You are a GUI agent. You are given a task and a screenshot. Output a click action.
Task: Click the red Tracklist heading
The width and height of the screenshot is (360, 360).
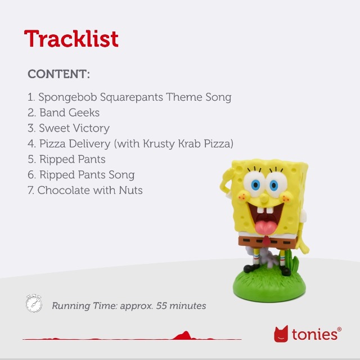click(x=71, y=39)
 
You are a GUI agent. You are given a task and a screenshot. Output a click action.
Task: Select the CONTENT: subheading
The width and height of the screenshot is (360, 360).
click(x=58, y=74)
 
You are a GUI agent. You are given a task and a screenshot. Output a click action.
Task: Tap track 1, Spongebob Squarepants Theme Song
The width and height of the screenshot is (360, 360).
click(x=129, y=97)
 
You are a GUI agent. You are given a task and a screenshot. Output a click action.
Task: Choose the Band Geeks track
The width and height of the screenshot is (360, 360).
click(x=64, y=112)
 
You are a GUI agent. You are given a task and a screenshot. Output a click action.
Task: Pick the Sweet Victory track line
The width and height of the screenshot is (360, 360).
click(x=69, y=128)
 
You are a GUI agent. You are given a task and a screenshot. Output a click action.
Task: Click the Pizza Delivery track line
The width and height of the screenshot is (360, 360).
click(x=130, y=144)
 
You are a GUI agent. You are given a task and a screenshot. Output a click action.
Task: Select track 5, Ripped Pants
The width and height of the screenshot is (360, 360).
click(x=66, y=159)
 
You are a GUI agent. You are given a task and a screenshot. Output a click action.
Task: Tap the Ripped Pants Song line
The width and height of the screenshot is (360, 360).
click(x=81, y=175)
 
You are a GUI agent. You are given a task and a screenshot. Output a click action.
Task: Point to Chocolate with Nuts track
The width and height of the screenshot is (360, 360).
click(x=85, y=190)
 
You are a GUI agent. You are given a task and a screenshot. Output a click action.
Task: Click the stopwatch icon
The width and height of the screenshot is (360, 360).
click(x=34, y=303)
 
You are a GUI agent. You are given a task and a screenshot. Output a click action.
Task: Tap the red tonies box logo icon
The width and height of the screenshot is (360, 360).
click(x=281, y=334)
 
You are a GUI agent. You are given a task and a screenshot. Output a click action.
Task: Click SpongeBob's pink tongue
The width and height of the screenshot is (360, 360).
click(x=265, y=228)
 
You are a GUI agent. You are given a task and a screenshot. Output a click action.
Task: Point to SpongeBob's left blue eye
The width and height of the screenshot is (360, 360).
click(x=255, y=185)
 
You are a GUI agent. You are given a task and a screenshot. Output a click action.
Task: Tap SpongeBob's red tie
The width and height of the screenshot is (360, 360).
click(x=266, y=240)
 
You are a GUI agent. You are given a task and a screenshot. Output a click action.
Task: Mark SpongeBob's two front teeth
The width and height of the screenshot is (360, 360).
click(x=265, y=210)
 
